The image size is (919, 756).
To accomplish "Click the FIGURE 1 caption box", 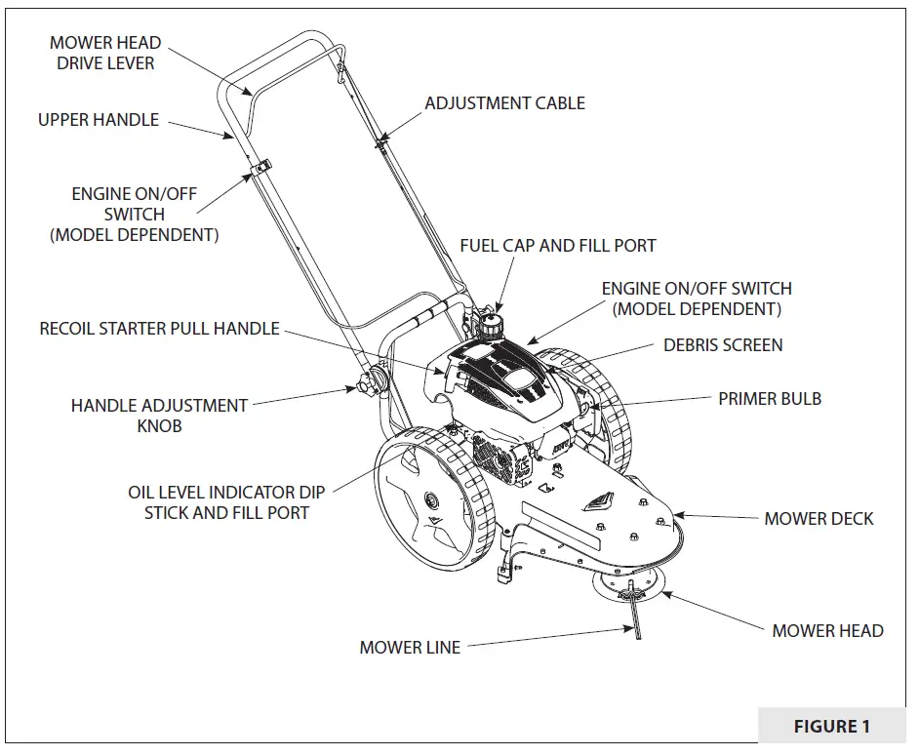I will pyautogui.click(x=831, y=726).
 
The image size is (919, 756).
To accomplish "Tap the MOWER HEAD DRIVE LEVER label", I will pyautogui.click(x=105, y=54).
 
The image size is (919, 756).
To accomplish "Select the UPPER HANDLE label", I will pyautogui.click(x=98, y=120).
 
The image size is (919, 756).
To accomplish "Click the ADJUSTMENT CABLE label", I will pyautogui.click(x=504, y=102).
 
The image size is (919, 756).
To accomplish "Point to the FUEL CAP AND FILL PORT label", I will pyautogui.click(x=558, y=246).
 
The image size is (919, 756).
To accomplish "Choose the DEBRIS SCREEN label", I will pyautogui.click(x=723, y=344).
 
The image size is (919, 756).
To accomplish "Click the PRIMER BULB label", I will pyautogui.click(x=770, y=398).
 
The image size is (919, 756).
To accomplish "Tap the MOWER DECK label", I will pyautogui.click(x=819, y=518).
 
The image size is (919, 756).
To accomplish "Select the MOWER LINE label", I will pyautogui.click(x=410, y=647).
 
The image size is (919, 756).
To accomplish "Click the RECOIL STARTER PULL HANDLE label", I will pyautogui.click(x=159, y=329).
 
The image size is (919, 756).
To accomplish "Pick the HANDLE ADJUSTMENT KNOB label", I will pyautogui.click(x=159, y=415).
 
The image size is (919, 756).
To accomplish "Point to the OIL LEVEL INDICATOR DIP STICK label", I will pyautogui.click(x=226, y=502).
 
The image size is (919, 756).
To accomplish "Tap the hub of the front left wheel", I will pyautogui.click(x=427, y=501).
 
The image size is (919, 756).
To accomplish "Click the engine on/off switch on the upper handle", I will pyautogui.click(x=259, y=171).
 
